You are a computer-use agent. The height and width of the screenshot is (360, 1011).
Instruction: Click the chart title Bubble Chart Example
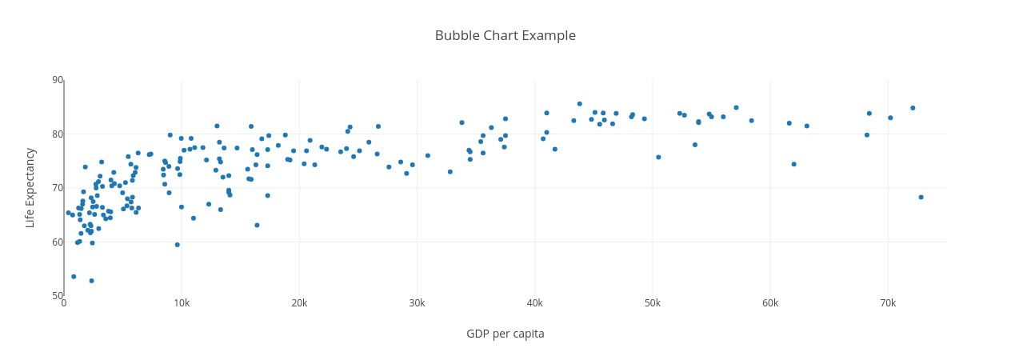point(505,35)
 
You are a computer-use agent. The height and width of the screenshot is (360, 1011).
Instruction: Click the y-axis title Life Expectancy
point(30,188)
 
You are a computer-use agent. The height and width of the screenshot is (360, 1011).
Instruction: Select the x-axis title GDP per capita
point(505,334)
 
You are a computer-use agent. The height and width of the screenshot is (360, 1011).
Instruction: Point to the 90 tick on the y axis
point(58,80)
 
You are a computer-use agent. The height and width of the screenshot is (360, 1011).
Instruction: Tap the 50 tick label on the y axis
point(58,296)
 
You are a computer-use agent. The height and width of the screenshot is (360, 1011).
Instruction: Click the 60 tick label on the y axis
point(58,242)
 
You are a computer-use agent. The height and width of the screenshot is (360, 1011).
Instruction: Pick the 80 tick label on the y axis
point(58,134)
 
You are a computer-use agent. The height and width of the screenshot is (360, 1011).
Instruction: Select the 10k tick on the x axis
point(182,303)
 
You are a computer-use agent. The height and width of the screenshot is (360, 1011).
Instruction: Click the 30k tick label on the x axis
point(417,303)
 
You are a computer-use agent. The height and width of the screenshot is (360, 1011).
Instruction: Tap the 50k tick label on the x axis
point(653,303)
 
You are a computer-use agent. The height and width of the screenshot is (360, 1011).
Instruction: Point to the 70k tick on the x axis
point(888,303)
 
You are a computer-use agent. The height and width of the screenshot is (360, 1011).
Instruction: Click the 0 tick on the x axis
point(64,303)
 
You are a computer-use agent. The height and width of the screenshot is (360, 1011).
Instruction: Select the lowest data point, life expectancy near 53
point(91,281)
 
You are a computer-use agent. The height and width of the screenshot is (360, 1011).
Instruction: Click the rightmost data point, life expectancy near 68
point(921,197)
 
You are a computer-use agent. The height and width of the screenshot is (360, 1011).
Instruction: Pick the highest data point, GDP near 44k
point(580,104)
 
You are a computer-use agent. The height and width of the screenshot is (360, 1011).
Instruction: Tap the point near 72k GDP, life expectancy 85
point(913,108)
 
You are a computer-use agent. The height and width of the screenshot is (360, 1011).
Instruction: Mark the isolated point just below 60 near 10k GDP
point(178,245)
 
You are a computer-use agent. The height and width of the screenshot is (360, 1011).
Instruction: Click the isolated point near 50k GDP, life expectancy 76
point(658,157)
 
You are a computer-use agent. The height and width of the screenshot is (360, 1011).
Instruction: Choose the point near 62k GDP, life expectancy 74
point(793,164)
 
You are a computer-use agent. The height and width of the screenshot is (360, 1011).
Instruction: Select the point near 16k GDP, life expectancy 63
point(257,226)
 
